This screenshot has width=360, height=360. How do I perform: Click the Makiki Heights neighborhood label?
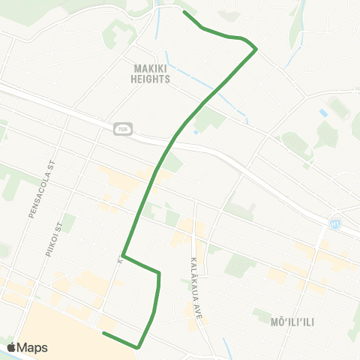tap(150, 73)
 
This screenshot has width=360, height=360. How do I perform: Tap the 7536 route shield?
tap(121, 129)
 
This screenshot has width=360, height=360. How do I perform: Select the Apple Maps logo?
tap(27, 347)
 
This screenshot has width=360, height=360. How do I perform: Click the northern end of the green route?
tap(184, 13)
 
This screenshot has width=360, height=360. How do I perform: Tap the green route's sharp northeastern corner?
tap(256, 49)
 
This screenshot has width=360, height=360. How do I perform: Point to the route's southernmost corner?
tap(138, 347)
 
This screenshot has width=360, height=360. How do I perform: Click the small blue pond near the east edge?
tap(323, 112)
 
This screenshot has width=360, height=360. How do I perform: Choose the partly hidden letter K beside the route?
tap(118, 260)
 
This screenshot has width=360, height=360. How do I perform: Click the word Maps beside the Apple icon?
tap(32, 347)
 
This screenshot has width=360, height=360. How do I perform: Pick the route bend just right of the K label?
tap(124, 256)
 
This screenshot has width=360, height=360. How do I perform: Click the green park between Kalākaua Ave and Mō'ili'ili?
tap(240, 264)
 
